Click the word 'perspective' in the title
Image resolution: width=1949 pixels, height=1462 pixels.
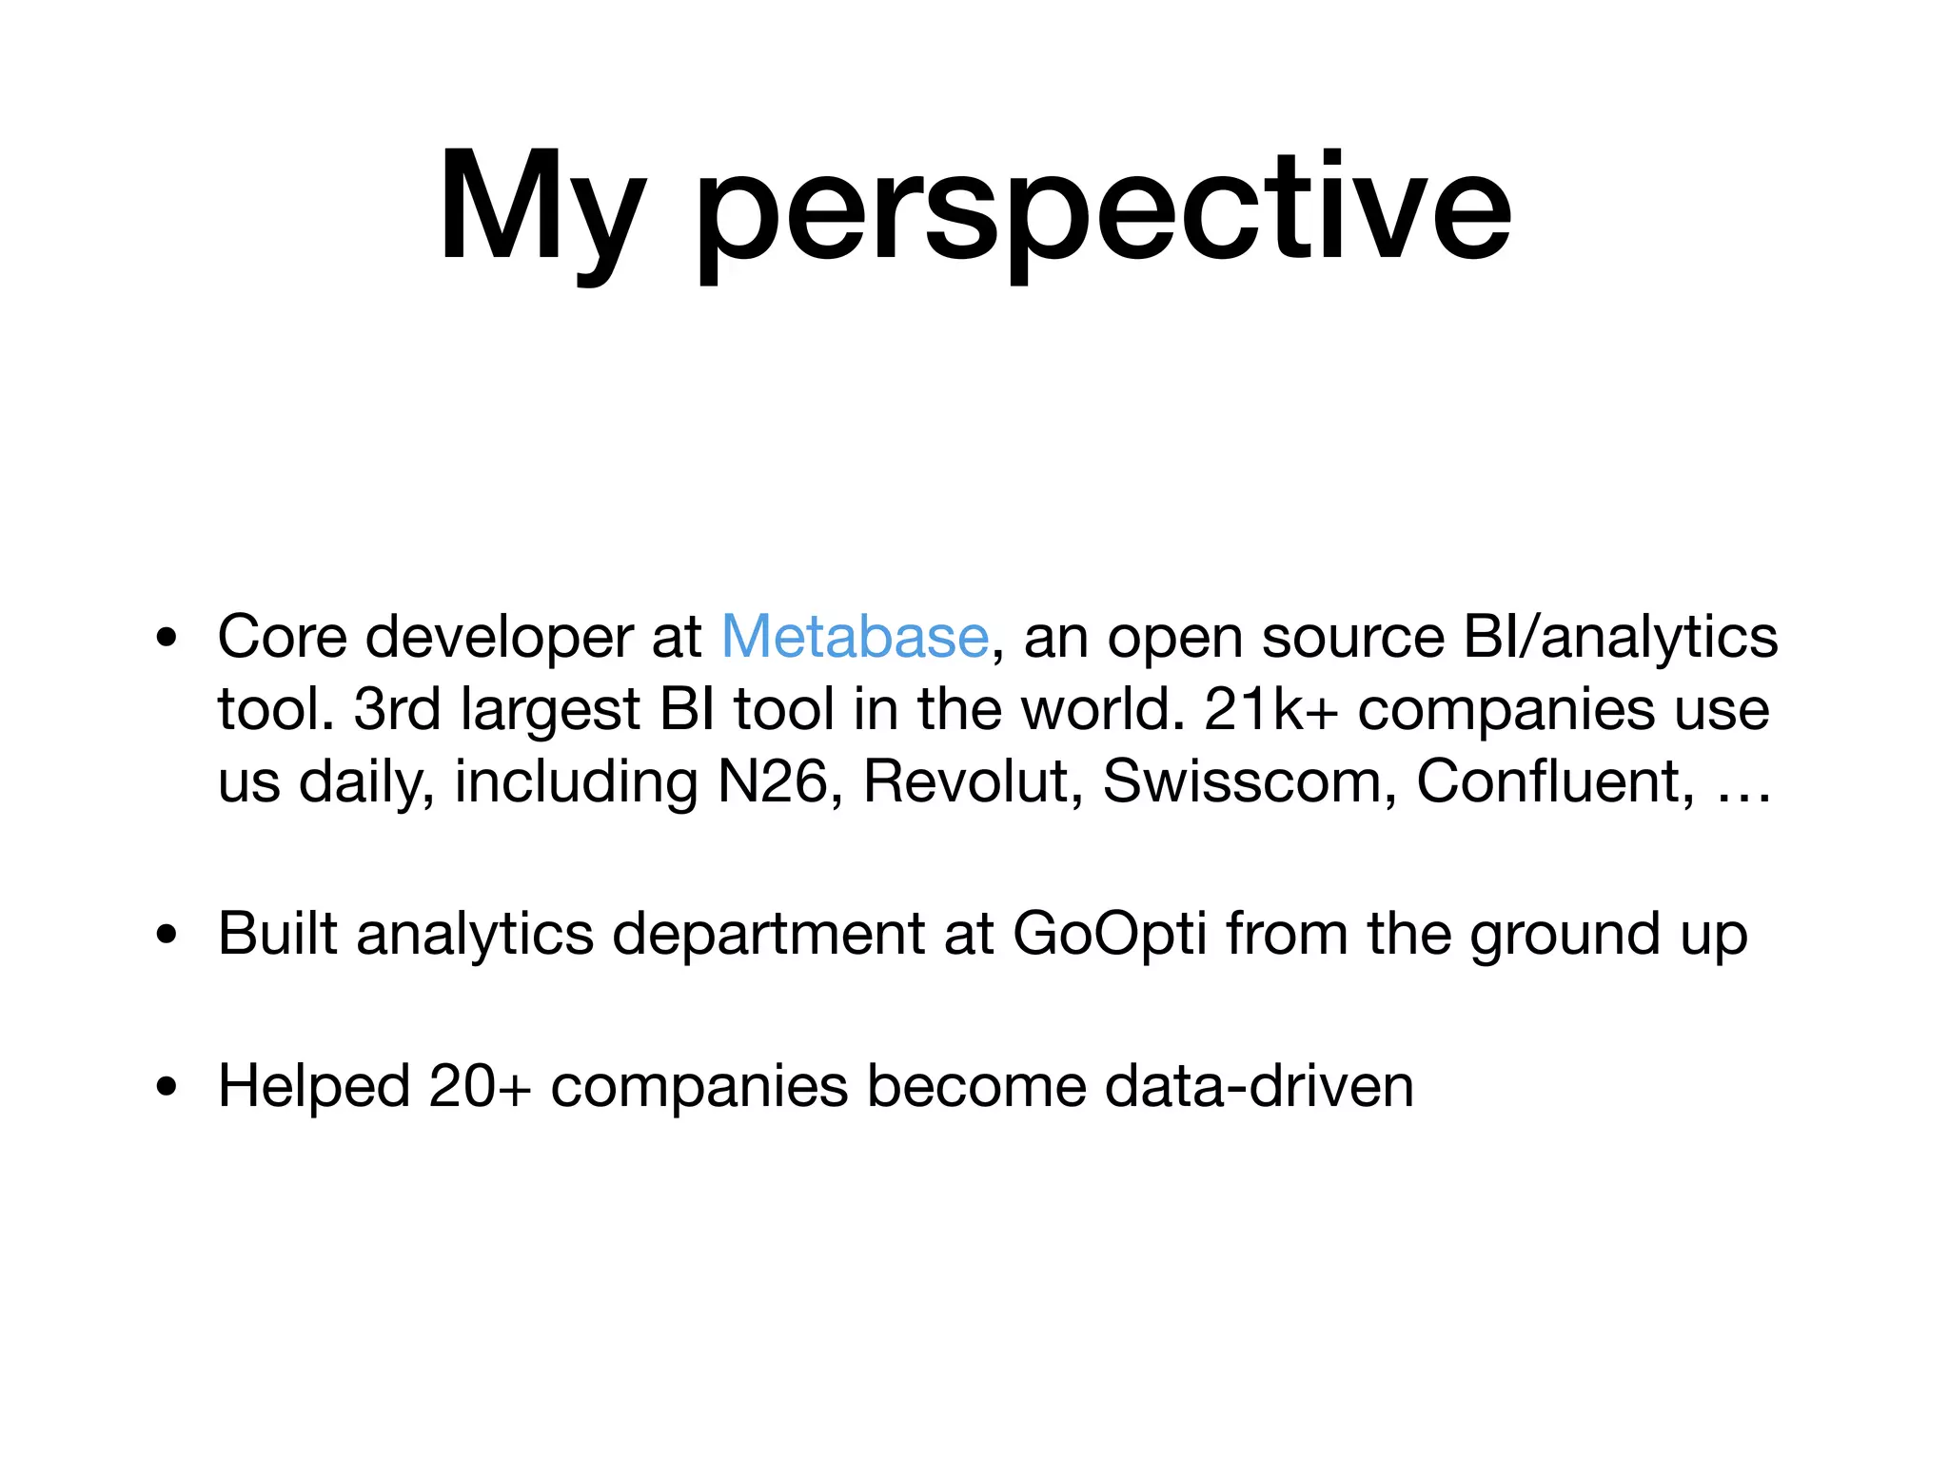tap(1103, 211)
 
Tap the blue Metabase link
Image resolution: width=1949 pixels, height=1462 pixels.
tap(855, 636)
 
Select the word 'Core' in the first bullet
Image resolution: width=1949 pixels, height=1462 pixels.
tap(283, 636)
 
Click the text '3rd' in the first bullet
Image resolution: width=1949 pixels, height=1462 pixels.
tap(397, 709)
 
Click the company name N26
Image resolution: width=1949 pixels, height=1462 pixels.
tap(772, 781)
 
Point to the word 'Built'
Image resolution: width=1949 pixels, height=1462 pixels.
tap(277, 933)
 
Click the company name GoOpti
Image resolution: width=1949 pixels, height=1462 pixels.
tap(1110, 935)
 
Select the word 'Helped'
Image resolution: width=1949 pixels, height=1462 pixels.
tap(313, 1086)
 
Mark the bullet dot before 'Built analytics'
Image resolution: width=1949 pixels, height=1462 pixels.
tap(167, 935)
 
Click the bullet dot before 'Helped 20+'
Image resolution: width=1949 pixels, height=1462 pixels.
tap(167, 1087)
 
